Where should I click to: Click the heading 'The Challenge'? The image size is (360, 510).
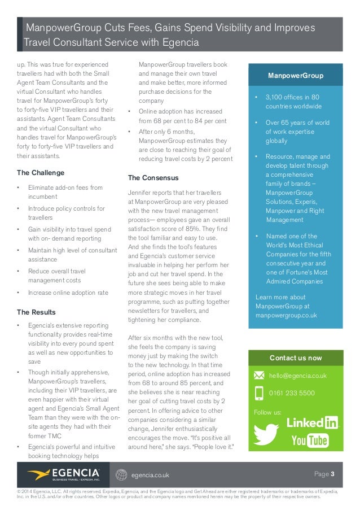pyautogui.click(x=41, y=173)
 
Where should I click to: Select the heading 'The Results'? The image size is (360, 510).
pyautogui.click(x=36, y=312)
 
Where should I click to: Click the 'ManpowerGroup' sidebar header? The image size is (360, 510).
pyautogui.click(x=295, y=76)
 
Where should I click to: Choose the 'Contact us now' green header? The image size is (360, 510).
pyautogui.click(x=295, y=358)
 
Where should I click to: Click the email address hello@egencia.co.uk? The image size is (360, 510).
pyautogui.click(x=298, y=376)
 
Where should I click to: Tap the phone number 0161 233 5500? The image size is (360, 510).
pyautogui.click(x=292, y=393)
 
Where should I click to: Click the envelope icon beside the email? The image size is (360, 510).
pyautogui.click(x=259, y=376)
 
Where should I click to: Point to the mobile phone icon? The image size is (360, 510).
pyautogui.click(x=259, y=393)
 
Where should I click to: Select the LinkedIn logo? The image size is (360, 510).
pyautogui.click(x=312, y=422)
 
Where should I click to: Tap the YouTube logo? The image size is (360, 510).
pyautogui.click(x=310, y=441)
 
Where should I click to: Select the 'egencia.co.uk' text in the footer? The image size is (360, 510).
pyautogui.click(x=150, y=475)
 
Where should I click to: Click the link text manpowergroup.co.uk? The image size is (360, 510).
pyautogui.click(x=286, y=315)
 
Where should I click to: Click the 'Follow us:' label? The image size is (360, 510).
pyautogui.click(x=267, y=412)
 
